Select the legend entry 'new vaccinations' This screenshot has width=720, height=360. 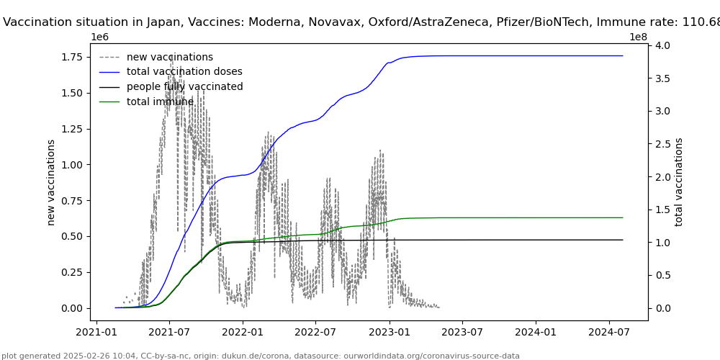[x=169, y=57]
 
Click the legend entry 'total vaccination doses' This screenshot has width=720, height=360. [x=184, y=72]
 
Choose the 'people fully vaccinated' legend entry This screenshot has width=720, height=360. [x=184, y=87]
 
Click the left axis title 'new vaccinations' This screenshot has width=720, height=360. [x=51, y=182]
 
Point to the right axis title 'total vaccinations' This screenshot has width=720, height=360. [x=679, y=182]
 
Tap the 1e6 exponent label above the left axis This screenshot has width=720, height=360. [x=100, y=37]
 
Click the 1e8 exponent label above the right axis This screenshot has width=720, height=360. [x=638, y=37]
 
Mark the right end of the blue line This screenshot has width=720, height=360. [x=622, y=56]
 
